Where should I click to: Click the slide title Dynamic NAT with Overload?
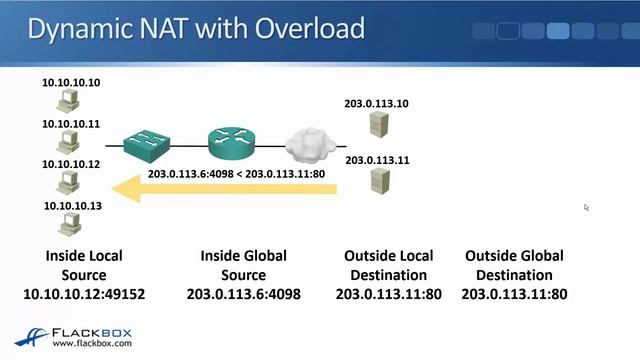pyautogui.click(x=195, y=27)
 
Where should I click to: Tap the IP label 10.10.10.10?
pyautogui.click(x=71, y=82)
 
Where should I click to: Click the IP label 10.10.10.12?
pyautogui.click(x=71, y=164)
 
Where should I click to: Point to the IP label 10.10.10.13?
pyautogui.click(x=72, y=205)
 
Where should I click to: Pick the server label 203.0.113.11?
pyautogui.click(x=377, y=159)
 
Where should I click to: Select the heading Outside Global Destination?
pyautogui.click(x=514, y=265)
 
